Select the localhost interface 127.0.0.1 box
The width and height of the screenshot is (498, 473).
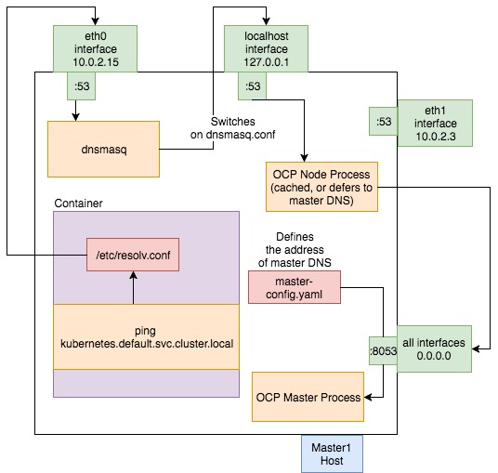click(x=266, y=47)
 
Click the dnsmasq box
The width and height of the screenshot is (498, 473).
click(x=102, y=148)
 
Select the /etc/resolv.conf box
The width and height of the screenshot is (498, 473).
click(x=131, y=253)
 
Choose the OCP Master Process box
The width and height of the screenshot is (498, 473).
click(x=308, y=397)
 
